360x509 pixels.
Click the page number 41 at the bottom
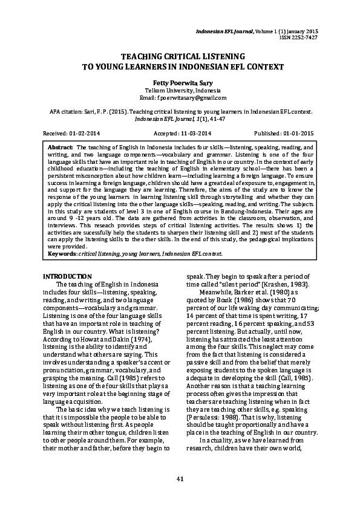click(180, 479)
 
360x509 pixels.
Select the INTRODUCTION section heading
click(67, 276)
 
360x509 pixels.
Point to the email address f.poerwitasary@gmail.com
click(183, 97)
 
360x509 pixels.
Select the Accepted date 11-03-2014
click(192, 132)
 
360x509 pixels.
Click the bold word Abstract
click(60, 147)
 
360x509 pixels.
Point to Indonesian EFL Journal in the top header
click(234, 30)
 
